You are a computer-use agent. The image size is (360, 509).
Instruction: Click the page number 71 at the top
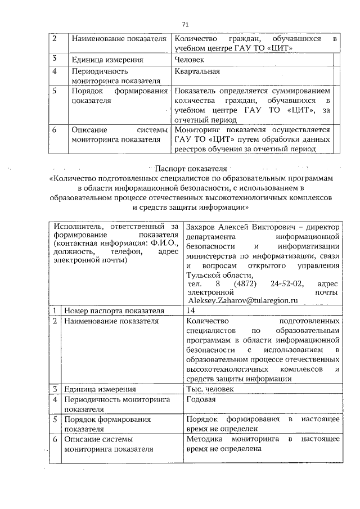[x=185, y=24]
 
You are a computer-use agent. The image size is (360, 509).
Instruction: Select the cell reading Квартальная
[x=197, y=71]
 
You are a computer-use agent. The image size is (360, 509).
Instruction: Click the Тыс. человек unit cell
[x=211, y=389]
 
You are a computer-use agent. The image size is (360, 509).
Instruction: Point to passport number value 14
[x=190, y=310]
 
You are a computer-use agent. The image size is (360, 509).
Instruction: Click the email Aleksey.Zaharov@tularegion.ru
[x=242, y=301]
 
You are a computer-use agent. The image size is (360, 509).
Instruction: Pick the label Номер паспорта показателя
[x=114, y=310]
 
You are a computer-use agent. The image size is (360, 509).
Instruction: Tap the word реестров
[x=190, y=148]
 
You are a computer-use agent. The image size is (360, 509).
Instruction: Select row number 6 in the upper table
[x=55, y=129]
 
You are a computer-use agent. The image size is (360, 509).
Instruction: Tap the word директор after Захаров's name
[x=321, y=227]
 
